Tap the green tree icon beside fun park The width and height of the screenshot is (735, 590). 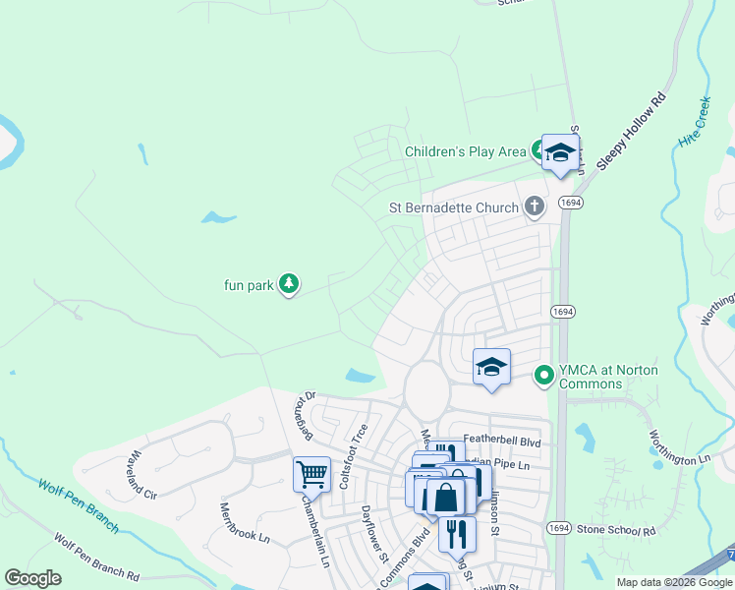point(288,285)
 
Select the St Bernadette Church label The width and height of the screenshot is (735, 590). point(453,207)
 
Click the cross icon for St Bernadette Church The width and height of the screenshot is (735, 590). point(534,206)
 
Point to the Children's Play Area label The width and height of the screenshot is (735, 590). point(466,151)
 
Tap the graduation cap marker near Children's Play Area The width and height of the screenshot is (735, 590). point(560,152)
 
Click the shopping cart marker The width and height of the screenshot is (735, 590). point(311,474)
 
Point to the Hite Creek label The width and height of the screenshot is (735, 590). point(693,123)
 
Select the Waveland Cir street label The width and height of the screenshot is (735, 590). point(142,476)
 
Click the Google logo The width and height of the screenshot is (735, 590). point(32,578)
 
